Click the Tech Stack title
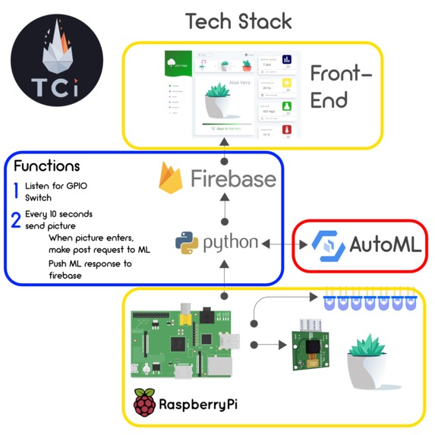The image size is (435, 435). (238, 20)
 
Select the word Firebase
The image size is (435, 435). (233, 179)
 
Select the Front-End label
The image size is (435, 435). (341, 87)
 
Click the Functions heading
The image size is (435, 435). (46, 165)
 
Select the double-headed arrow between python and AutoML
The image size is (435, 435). (284, 244)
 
